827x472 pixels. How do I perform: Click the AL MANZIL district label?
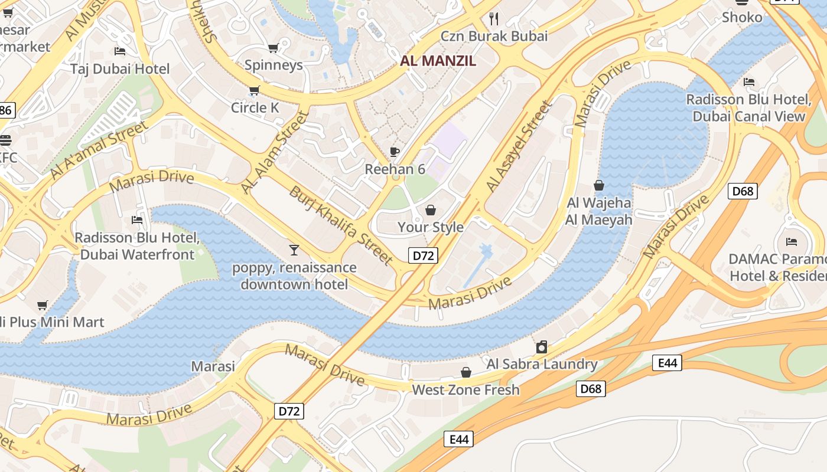pos(438,61)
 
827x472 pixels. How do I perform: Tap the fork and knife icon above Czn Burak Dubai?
pos(494,19)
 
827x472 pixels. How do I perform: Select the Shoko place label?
pos(742,17)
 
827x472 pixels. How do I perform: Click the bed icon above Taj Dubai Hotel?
pos(120,51)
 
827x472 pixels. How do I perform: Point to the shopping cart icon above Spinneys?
pos(273,48)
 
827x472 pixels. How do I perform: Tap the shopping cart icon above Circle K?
pos(254,90)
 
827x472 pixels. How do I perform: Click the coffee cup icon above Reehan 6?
pos(395,152)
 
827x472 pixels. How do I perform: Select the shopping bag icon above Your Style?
pos(431,210)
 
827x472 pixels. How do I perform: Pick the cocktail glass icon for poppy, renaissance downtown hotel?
pos(294,250)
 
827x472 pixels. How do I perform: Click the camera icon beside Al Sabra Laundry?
pos(542,346)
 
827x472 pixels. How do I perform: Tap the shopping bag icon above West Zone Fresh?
pos(466,372)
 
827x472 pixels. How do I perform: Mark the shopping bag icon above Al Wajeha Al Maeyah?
pos(599,185)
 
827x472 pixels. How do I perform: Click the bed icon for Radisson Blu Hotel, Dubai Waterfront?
pos(137,220)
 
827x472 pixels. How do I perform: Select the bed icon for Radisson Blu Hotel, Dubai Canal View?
pos(749,81)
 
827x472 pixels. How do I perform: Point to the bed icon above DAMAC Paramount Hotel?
pos(791,241)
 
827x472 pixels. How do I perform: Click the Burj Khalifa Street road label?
pos(341,225)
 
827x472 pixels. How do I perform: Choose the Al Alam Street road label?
pos(275,152)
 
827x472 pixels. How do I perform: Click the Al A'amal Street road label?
pos(99,150)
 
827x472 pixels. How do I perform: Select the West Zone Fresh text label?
pos(465,389)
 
